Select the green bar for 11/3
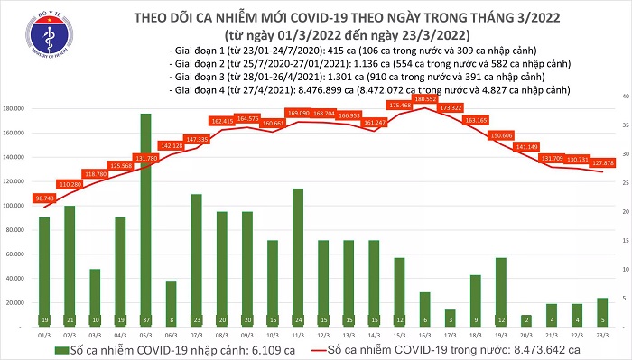pos(297,254)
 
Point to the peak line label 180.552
pos(424,99)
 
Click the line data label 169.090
pos(297,114)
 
